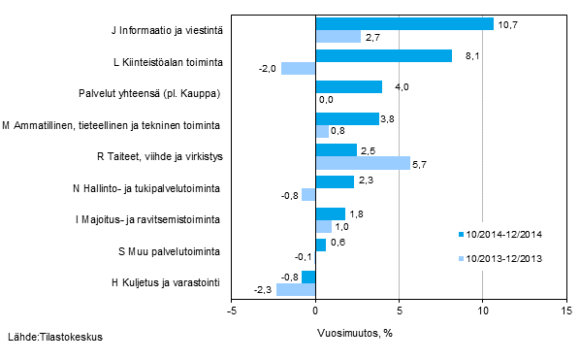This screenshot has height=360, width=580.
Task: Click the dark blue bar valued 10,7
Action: [404, 24]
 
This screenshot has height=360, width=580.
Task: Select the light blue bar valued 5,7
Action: [363, 163]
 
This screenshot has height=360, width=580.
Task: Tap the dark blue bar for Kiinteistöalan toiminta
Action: [383, 56]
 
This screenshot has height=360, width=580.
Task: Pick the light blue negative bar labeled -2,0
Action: [299, 69]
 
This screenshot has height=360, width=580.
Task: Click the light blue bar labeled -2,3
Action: [296, 289]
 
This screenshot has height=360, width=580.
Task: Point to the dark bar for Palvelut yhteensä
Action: [348, 87]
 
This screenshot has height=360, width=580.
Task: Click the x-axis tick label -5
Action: [232, 311]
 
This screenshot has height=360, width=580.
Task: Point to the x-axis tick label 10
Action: [482, 311]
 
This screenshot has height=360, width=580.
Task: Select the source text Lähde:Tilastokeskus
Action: [55, 337]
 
